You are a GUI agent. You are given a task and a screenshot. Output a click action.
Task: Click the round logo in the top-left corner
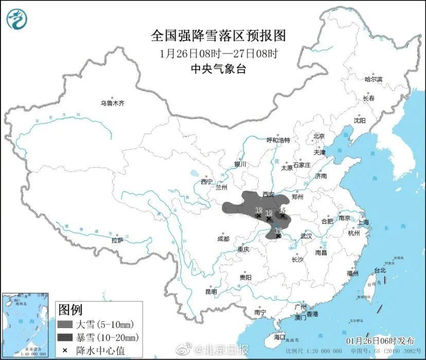pos(16,19)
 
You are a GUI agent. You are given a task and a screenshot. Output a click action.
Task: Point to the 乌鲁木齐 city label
pos(112,103)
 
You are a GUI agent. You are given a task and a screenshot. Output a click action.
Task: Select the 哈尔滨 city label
pos(374,79)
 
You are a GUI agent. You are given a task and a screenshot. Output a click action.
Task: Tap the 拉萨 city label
pos(117,240)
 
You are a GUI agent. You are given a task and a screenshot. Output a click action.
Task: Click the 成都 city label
pos(223,239)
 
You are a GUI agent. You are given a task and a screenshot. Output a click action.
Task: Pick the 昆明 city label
pos(211,292)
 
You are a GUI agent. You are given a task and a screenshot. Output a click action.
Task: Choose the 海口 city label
pos(279,336)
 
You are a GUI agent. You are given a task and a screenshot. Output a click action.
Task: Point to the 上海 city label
pos(364,222)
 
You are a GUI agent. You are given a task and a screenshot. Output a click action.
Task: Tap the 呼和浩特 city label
pos(278,140)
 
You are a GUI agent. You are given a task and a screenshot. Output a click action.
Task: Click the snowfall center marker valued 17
pos(278,236)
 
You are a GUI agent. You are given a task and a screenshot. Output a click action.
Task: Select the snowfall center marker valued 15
pos(282,216)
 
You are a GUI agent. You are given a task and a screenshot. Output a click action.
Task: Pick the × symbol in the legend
pos(65,350)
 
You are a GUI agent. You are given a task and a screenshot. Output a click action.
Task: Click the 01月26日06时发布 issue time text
pos(380,341)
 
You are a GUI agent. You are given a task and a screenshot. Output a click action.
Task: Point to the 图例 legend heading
pos(70,310)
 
